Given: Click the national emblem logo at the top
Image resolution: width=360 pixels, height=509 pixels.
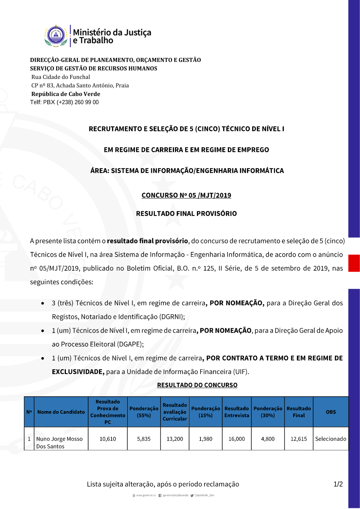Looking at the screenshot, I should point(56,36).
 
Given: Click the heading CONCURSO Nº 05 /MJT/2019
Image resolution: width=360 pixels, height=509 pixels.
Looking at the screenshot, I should point(186,195).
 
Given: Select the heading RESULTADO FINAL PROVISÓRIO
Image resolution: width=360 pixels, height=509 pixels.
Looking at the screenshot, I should point(186,213).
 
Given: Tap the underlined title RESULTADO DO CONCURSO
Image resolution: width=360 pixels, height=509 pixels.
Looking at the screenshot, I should point(197,385).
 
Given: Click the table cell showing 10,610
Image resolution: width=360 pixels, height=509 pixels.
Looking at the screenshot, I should point(108,439).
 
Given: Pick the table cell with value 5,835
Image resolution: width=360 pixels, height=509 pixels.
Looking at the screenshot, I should point(144,439).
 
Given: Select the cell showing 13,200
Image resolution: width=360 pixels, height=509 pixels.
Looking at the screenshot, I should point(175,439).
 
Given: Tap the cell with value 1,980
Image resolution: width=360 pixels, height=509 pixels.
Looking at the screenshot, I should point(206,439).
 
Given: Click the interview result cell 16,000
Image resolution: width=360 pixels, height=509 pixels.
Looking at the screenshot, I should point(237,439).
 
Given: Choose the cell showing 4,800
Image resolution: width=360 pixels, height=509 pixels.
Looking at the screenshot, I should point(267,439).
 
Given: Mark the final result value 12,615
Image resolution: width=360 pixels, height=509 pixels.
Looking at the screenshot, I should point(299,439).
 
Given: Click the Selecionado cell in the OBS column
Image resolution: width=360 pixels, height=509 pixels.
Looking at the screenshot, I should point(330,439).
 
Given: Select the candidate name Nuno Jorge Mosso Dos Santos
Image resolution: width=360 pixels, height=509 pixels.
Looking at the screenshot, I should point(59,442).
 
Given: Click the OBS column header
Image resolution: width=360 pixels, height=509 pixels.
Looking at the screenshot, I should point(330,412).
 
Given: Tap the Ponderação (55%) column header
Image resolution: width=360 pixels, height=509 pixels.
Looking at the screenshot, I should point(144,412).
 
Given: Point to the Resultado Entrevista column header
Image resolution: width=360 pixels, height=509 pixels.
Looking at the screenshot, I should point(237,412).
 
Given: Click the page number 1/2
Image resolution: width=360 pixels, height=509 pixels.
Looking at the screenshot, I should point(338,484).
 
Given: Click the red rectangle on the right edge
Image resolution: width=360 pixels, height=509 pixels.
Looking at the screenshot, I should point(354,263).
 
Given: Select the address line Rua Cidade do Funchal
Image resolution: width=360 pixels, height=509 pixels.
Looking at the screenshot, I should point(60,77).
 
